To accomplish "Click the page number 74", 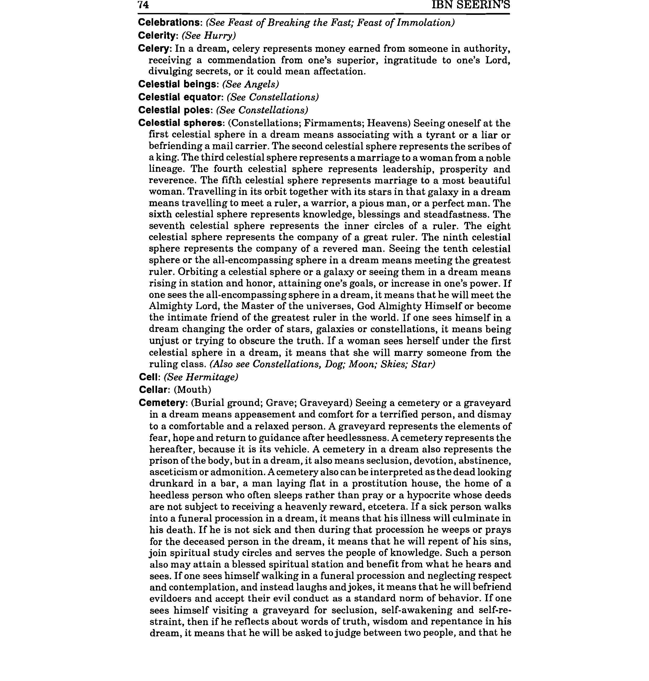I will tap(143, 5).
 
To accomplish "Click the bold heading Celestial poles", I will tap(175, 110).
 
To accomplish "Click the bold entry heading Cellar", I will tap(153, 390).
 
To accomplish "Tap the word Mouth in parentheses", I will tap(192, 390).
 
